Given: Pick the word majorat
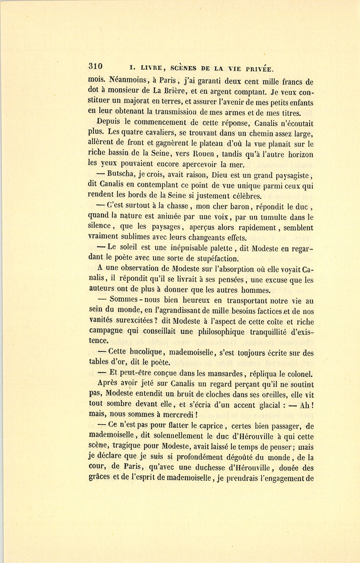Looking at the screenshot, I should tap(142, 102).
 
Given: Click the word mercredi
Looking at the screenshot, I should tap(173, 415).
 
